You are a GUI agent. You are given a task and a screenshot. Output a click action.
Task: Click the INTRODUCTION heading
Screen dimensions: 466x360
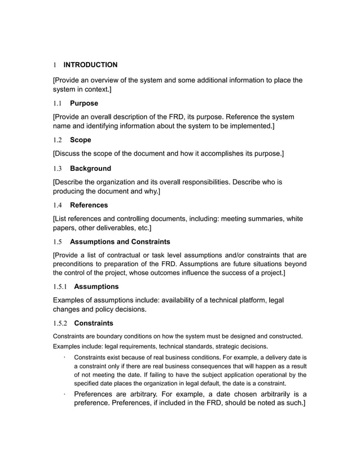pos(90,65)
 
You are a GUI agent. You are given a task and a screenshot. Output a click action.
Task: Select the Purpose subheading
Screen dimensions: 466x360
pos(84,103)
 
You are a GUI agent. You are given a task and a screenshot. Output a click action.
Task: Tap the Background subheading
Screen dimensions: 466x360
pos(90,168)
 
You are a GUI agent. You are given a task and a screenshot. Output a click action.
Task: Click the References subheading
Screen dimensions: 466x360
pos(89,205)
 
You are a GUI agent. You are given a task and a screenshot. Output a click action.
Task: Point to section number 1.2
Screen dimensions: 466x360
pos(57,139)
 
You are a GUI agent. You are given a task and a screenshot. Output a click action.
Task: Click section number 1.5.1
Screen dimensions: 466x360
pos(60,287)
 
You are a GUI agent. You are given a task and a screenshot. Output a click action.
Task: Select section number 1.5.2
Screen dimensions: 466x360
pos(60,323)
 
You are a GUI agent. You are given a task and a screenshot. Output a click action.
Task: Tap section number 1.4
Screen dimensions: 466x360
pos(57,205)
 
